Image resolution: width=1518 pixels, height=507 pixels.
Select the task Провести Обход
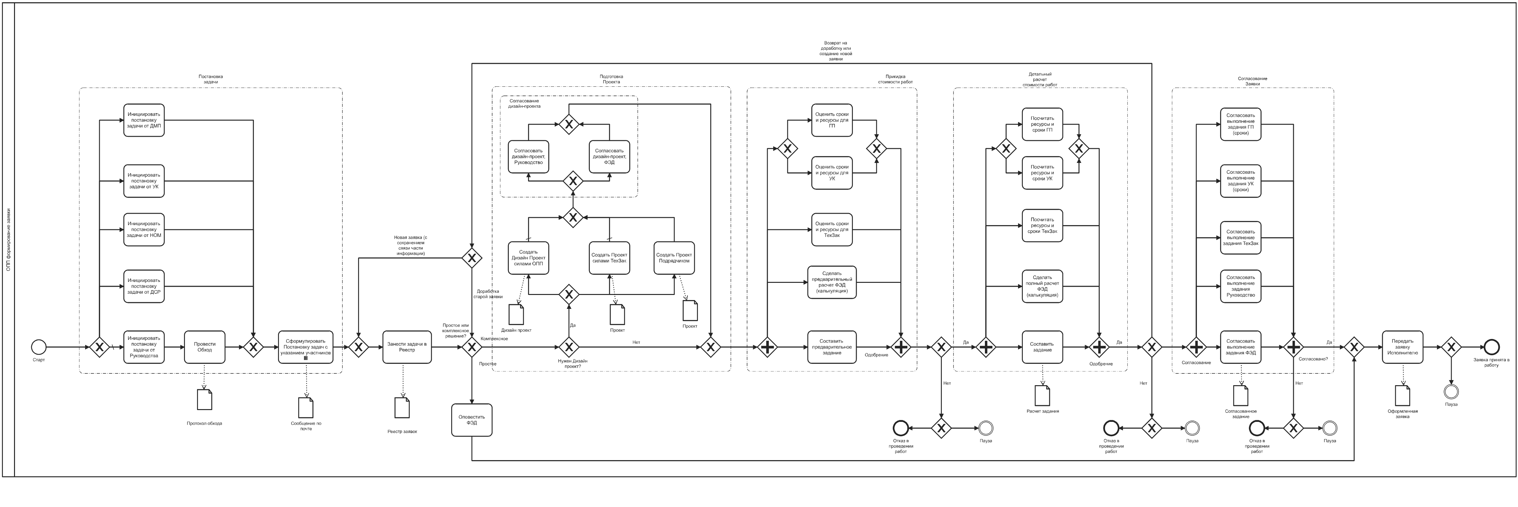[204, 347]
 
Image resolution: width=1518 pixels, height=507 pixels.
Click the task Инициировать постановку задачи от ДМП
[144, 120]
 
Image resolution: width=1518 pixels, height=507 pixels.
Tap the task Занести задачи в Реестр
[407, 347]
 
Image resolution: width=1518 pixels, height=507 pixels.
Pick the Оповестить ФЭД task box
[472, 420]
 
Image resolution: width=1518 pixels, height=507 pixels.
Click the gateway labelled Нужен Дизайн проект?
[569, 347]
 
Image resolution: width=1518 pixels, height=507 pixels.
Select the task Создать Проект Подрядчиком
[674, 258]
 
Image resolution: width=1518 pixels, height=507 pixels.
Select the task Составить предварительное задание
[832, 347]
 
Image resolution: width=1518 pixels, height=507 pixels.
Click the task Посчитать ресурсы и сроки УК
[1042, 173]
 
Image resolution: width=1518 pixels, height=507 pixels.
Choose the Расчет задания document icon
[1042, 396]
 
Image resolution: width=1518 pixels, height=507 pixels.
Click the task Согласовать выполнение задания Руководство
[1240, 287]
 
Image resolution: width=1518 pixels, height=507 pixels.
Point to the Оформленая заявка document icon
[1403, 396]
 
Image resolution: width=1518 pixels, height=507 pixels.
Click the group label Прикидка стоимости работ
[899, 79]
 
